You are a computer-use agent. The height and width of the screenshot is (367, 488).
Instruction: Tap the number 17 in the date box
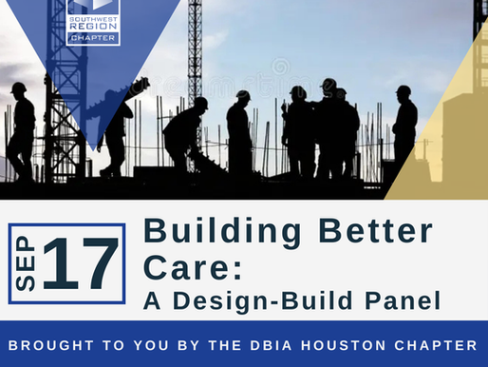(x=81, y=263)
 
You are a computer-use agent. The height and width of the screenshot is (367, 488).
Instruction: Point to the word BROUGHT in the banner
(x=59, y=345)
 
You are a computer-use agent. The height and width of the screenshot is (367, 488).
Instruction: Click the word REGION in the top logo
(x=93, y=29)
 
